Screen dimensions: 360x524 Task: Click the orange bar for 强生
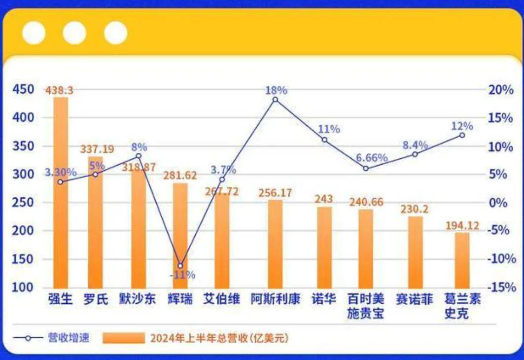click(x=61, y=192)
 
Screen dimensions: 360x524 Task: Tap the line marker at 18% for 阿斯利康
click(x=275, y=100)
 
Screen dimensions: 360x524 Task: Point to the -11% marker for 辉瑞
click(x=180, y=266)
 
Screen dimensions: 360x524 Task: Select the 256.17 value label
click(x=275, y=193)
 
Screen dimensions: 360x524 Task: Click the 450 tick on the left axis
click(x=24, y=89)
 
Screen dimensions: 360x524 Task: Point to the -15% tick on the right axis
click(x=500, y=288)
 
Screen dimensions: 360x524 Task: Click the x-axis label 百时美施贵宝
click(x=365, y=306)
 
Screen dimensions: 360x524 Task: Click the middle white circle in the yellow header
click(x=74, y=33)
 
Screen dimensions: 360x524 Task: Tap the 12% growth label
click(x=462, y=126)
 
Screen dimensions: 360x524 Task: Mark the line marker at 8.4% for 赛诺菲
click(x=415, y=154)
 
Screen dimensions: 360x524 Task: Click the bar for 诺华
click(x=324, y=247)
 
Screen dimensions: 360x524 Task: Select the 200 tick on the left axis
click(x=24, y=231)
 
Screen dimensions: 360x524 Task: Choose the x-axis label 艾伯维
click(x=221, y=299)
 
